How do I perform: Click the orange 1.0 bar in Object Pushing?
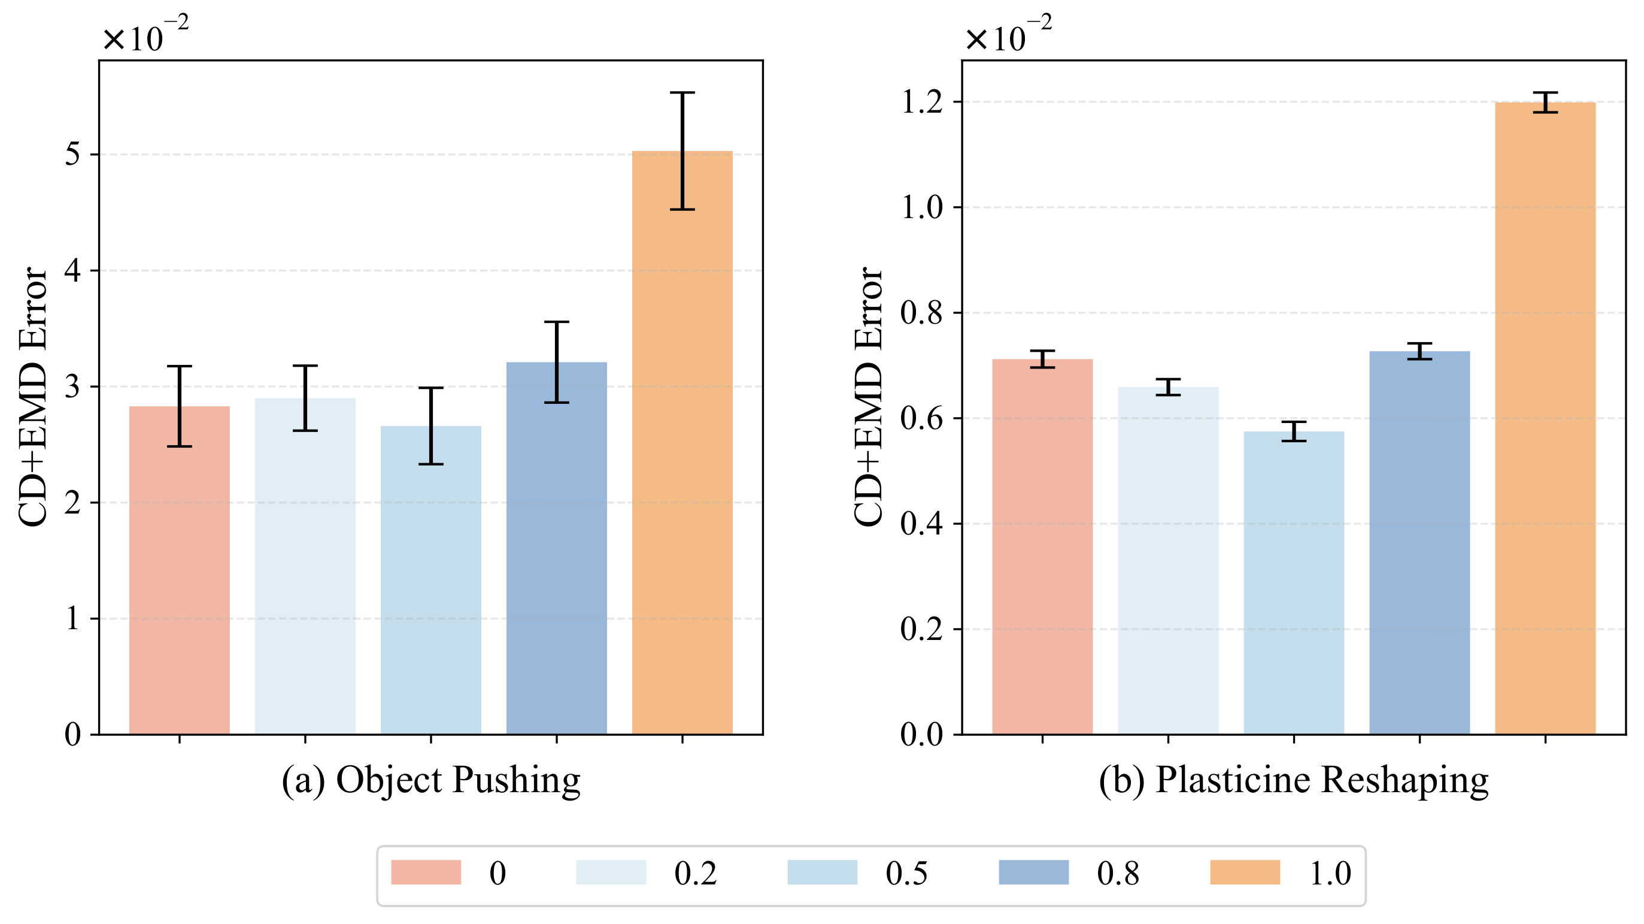683,447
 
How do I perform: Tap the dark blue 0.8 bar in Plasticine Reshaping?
1419,543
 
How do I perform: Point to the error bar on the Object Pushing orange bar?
683,150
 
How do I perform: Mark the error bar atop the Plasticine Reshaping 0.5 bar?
1294,431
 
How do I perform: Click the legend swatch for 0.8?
1033,872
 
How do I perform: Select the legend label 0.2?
695,874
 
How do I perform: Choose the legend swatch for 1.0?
1245,872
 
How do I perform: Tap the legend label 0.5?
906,874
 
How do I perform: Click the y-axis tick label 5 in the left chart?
73,155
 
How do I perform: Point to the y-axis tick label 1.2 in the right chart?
921,102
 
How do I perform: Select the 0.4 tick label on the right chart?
921,524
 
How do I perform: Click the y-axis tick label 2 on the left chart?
73,503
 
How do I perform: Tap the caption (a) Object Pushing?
431,780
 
